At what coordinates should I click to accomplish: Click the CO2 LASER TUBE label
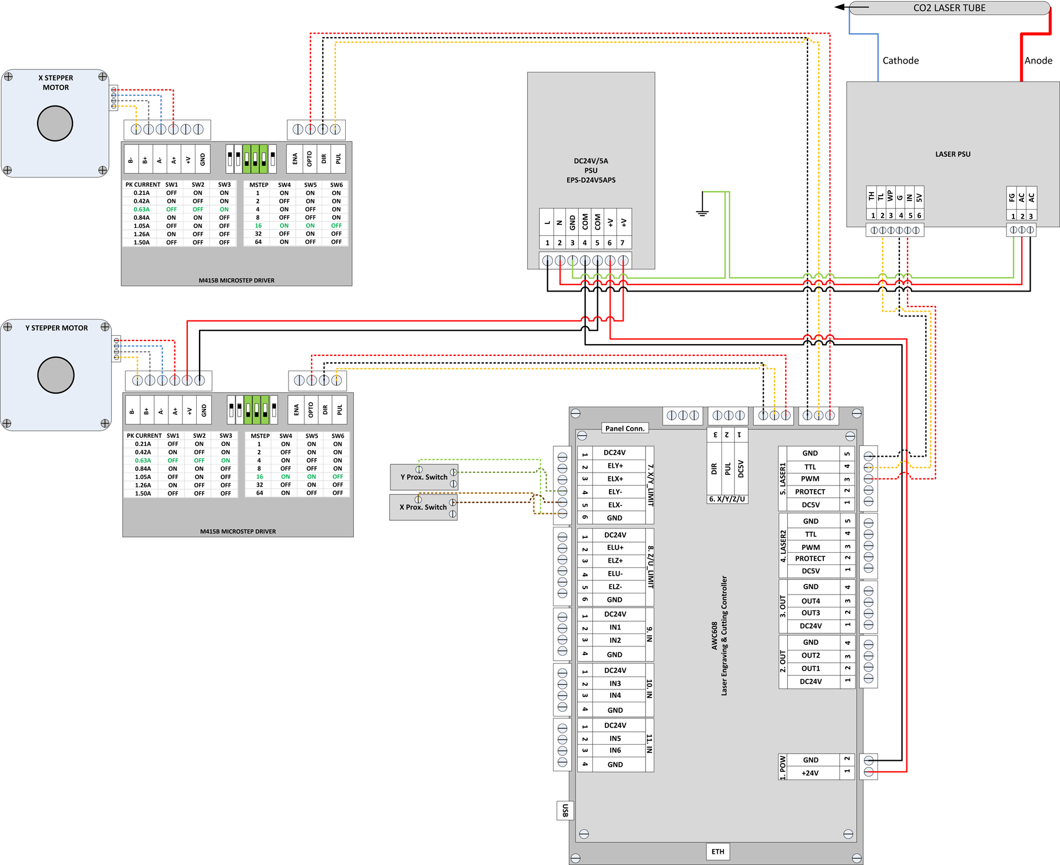pyautogui.click(x=949, y=8)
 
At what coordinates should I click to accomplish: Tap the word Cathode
pyautogui.click(x=900, y=60)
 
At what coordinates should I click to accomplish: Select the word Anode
pyautogui.click(x=1038, y=60)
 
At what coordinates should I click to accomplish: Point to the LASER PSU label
pyautogui.click(x=952, y=154)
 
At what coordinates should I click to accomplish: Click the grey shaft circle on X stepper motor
pyautogui.click(x=55, y=123)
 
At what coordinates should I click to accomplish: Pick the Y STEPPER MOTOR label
pyautogui.click(x=56, y=328)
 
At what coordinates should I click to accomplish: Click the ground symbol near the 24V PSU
pyautogui.click(x=702, y=212)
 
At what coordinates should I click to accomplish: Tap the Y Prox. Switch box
pyautogui.click(x=424, y=477)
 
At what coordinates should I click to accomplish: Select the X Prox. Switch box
pyautogui.click(x=423, y=507)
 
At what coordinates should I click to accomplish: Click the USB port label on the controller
pyautogui.click(x=565, y=810)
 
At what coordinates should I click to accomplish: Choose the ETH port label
pyautogui.click(x=717, y=851)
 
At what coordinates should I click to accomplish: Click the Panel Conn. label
pyautogui.click(x=624, y=428)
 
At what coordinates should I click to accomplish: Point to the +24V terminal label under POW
pyautogui.click(x=810, y=772)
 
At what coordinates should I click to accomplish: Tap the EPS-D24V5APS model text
pyautogui.click(x=591, y=180)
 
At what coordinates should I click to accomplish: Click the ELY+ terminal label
pyautogui.click(x=615, y=465)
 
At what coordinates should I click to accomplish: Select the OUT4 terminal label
pyautogui.click(x=810, y=600)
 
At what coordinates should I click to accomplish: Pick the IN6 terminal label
pyautogui.click(x=615, y=750)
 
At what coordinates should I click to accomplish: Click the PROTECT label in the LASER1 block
pyautogui.click(x=810, y=491)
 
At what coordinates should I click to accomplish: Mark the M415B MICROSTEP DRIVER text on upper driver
pyautogui.click(x=236, y=280)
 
